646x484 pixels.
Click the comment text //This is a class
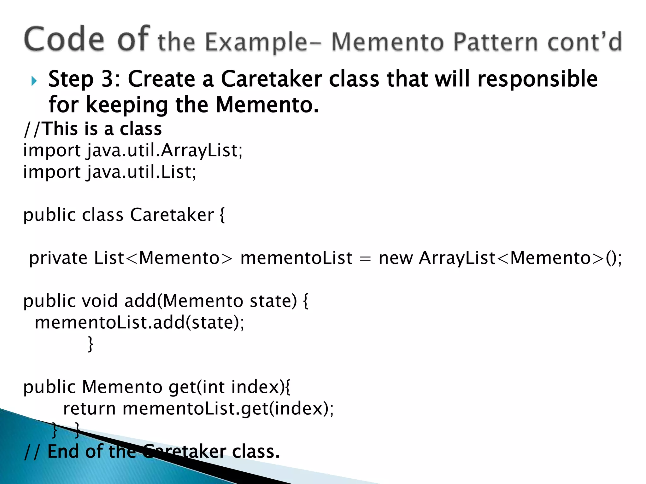(x=93, y=129)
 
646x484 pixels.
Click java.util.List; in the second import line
(x=142, y=172)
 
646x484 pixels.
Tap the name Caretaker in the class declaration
(x=172, y=215)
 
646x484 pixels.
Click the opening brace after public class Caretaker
(x=222, y=215)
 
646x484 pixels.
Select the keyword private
(x=58, y=258)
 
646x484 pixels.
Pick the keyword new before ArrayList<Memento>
(x=395, y=258)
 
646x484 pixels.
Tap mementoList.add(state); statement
(x=139, y=323)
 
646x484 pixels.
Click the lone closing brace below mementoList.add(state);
(x=91, y=344)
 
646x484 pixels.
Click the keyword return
(x=89, y=409)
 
